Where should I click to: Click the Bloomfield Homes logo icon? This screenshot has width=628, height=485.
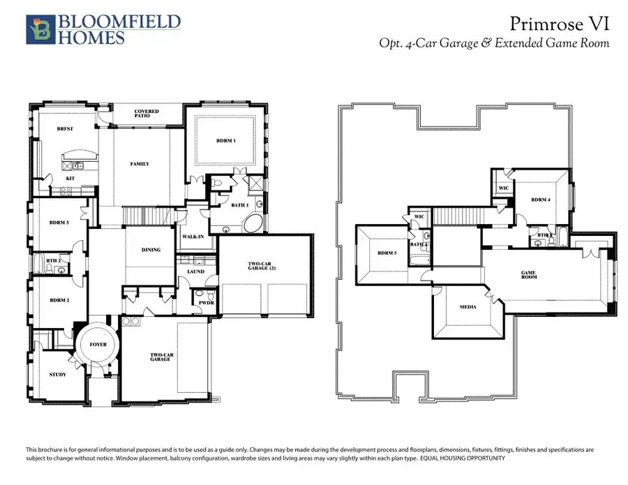[x=38, y=30]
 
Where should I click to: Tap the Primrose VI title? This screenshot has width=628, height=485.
[x=560, y=24]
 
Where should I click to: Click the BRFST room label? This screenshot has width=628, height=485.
[x=66, y=129]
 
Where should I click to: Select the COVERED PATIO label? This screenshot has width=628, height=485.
[x=147, y=113]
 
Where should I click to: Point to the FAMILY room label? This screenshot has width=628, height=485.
[x=140, y=164]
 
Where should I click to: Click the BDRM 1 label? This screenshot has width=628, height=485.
[x=226, y=141]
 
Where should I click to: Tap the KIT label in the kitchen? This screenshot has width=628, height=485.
[x=70, y=178]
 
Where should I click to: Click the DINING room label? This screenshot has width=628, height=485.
[x=151, y=250]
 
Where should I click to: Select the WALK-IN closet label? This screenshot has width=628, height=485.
[x=193, y=237]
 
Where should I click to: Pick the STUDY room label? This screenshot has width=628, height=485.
[x=58, y=375]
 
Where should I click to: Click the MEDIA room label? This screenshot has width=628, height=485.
[x=468, y=306]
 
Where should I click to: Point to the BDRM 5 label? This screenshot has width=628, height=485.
[x=387, y=253]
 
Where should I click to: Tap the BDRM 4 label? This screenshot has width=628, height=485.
[x=541, y=200]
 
